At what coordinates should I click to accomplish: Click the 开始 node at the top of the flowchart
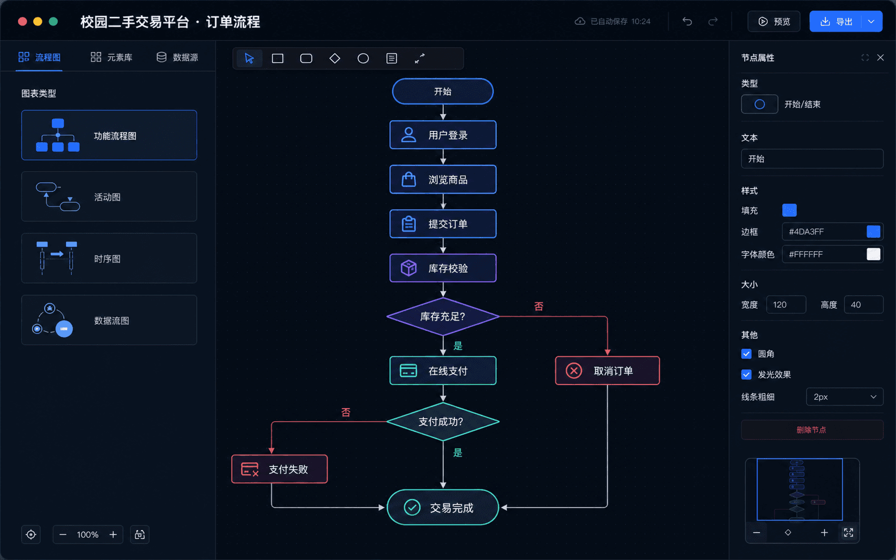tap(443, 91)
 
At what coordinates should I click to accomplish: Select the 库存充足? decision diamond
tap(443, 317)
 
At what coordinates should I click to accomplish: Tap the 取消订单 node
tap(607, 370)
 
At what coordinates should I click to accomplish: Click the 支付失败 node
tap(280, 469)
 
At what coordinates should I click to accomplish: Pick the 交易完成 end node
tap(443, 508)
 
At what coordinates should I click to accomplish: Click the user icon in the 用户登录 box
tap(408, 135)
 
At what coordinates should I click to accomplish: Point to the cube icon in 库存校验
tap(408, 268)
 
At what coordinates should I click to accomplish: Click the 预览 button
tap(774, 21)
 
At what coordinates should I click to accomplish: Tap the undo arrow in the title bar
tap(687, 21)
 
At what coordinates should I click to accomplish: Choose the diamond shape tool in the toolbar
tap(334, 58)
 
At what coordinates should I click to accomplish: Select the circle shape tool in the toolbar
tap(363, 58)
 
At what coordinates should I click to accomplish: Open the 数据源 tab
tap(177, 58)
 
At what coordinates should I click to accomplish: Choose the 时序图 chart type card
tap(109, 259)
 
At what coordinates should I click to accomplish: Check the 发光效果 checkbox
tap(746, 374)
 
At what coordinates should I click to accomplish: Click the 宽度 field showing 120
tap(786, 305)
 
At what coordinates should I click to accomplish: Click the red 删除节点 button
tap(812, 430)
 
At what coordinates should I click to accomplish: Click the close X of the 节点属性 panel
tap(880, 58)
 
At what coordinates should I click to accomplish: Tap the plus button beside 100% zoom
tap(113, 535)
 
